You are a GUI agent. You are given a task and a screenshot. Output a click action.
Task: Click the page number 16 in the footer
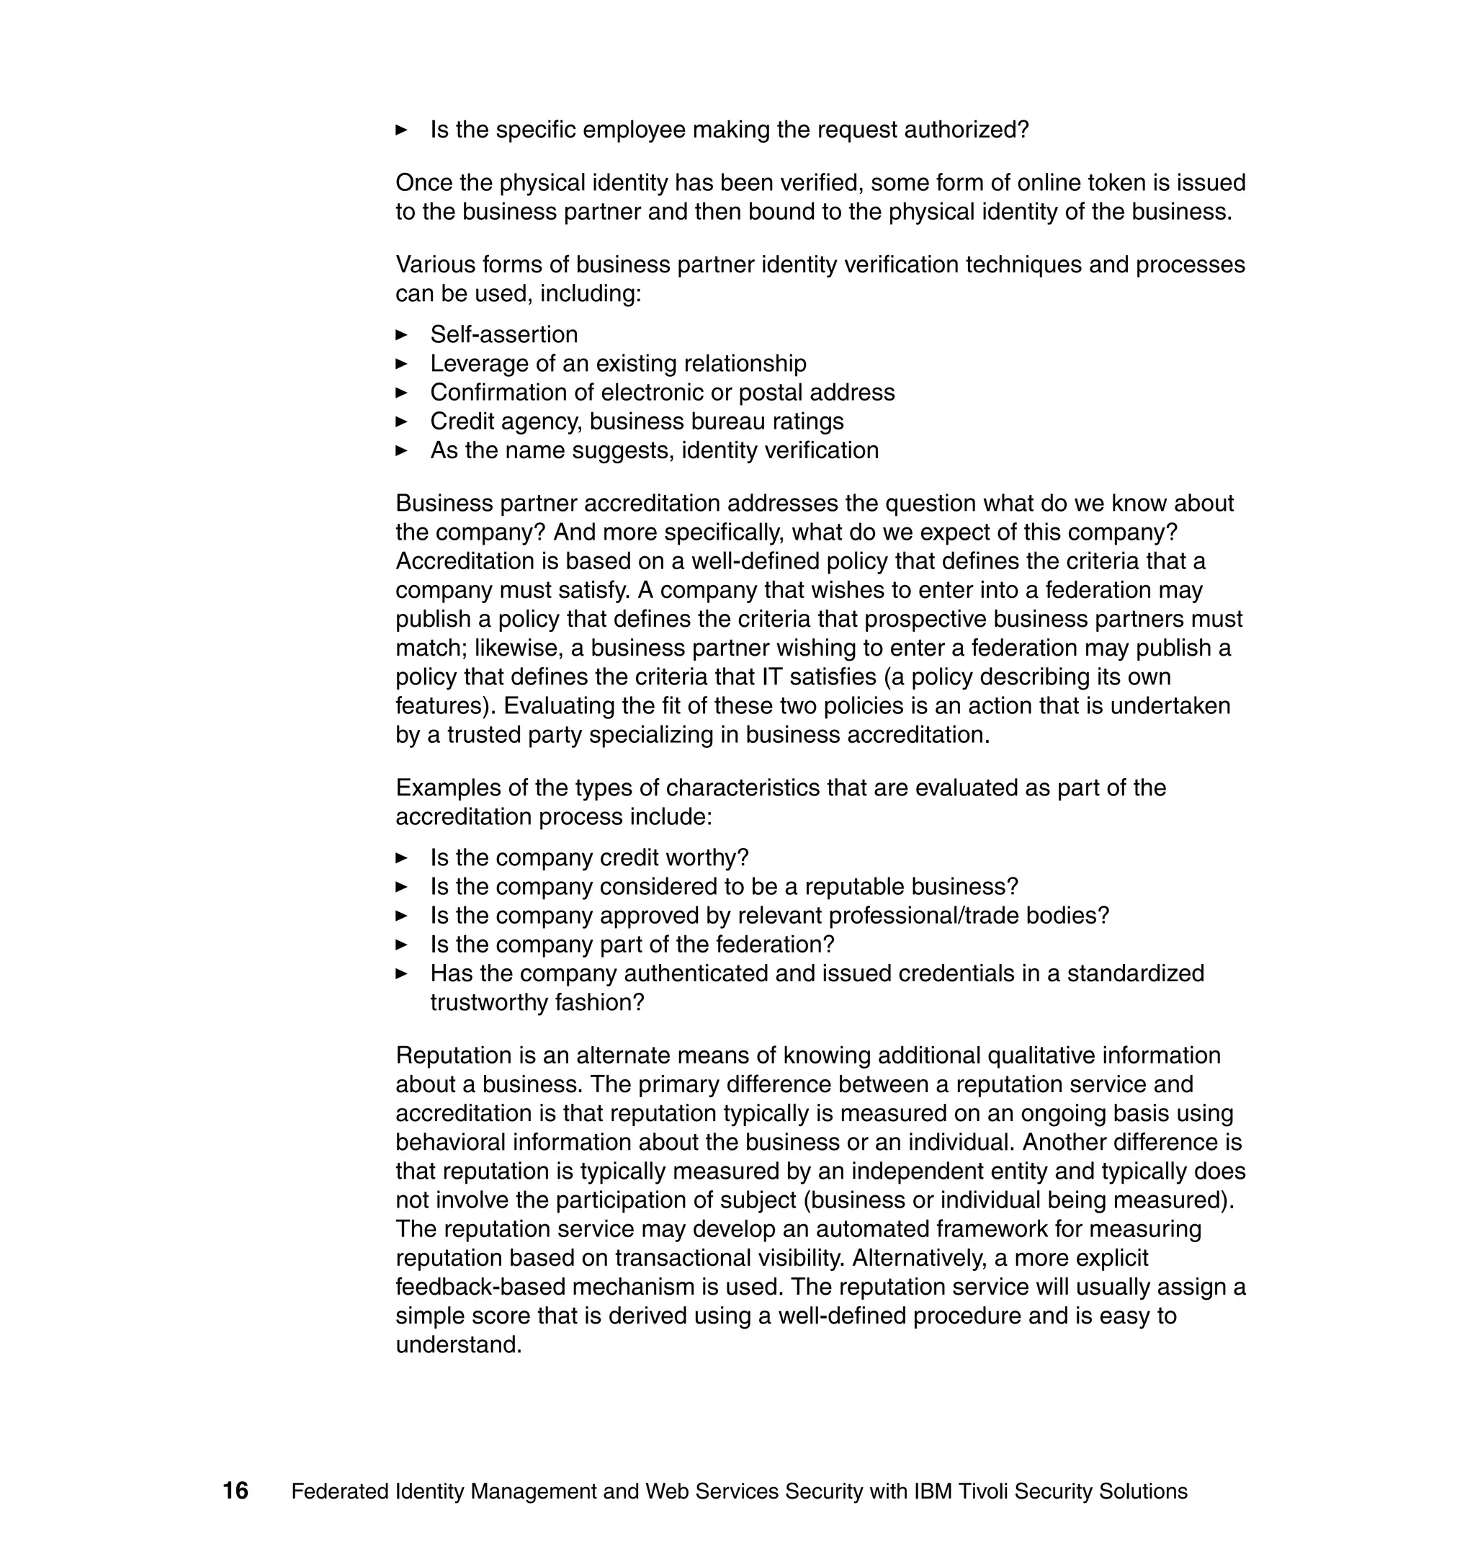click(x=235, y=1491)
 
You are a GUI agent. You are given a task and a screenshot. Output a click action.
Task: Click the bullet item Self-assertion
click(x=503, y=334)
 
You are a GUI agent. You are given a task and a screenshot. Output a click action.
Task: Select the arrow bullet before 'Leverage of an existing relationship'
click(x=402, y=363)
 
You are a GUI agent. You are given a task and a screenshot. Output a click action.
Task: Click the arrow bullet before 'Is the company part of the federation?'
click(x=402, y=945)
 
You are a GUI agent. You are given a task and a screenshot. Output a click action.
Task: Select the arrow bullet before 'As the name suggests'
click(x=402, y=451)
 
